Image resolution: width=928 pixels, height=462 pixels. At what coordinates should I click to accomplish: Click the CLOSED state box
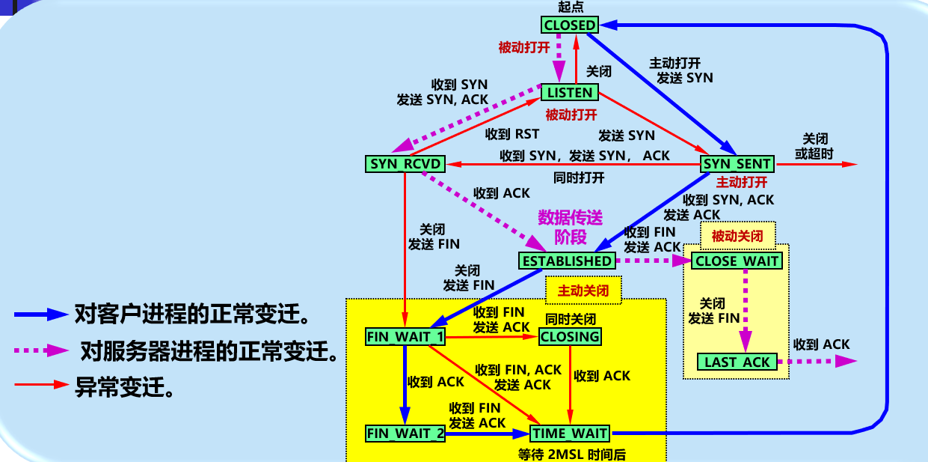(x=570, y=25)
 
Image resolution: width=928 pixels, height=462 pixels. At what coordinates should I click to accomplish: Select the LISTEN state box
(x=570, y=92)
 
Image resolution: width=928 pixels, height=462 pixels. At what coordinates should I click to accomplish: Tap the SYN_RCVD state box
(x=405, y=164)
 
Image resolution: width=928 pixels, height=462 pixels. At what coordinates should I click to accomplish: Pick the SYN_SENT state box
(x=737, y=164)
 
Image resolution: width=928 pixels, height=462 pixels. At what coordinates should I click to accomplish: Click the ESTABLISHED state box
(x=567, y=261)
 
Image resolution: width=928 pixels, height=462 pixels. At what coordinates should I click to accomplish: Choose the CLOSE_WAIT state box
(x=737, y=261)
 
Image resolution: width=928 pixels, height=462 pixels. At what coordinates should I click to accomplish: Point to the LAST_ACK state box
(x=737, y=362)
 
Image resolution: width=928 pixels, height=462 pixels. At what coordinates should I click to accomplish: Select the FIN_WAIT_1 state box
(x=405, y=336)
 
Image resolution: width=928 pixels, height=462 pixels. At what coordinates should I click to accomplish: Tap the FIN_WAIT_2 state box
(x=405, y=434)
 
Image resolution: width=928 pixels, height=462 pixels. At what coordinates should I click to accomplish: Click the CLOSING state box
(x=570, y=336)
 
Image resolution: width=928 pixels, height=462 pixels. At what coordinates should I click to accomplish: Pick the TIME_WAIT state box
(x=570, y=434)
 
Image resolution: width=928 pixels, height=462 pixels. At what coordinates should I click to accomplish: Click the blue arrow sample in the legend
(x=41, y=314)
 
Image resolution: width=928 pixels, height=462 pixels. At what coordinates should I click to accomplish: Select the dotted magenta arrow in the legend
(x=41, y=350)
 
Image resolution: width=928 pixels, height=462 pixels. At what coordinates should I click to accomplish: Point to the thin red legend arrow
(x=41, y=385)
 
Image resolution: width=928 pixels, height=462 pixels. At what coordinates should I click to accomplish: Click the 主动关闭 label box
(x=583, y=291)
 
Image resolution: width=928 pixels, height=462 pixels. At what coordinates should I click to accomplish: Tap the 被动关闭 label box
(x=738, y=236)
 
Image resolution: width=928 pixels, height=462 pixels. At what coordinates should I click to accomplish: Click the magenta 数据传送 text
(x=570, y=217)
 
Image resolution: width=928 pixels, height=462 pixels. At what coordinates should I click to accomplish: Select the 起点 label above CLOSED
(x=571, y=7)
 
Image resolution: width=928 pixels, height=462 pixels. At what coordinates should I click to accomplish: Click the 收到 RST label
(x=512, y=134)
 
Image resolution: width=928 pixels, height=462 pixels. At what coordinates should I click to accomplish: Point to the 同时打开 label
(x=579, y=178)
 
